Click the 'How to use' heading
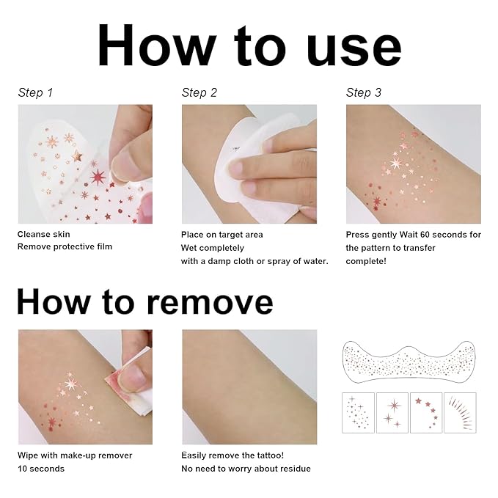(x=249, y=45)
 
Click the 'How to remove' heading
(x=144, y=301)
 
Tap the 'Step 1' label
(x=35, y=92)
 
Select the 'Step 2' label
(x=199, y=92)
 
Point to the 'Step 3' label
(x=364, y=92)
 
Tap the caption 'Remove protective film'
(x=65, y=247)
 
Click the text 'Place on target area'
(x=222, y=235)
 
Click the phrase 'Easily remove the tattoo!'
(x=232, y=455)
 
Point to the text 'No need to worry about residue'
(x=246, y=469)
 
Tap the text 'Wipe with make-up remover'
(x=75, y=455)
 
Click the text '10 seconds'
(x=41, y=469)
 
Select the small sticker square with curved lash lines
(x=460, y=413)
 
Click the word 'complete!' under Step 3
(x=367, y=261)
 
